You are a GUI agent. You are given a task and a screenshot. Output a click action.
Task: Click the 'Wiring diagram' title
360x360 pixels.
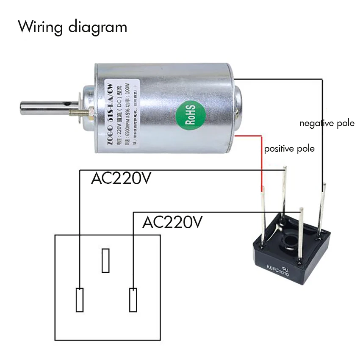[72, 27]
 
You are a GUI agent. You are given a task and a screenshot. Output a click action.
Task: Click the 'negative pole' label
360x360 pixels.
[327, 124]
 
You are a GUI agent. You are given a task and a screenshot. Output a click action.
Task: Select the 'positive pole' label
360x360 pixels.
[289, 149]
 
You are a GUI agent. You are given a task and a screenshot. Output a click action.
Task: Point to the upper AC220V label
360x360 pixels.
[121, 179]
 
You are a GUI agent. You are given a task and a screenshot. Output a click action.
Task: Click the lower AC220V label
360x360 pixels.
[173, 222]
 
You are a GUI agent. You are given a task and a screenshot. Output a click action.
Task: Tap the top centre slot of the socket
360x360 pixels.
[106, 260]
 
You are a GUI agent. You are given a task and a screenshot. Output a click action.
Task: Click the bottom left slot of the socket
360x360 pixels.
[80, 300]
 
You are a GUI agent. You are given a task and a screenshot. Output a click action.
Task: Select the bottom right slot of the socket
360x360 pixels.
[133, 300]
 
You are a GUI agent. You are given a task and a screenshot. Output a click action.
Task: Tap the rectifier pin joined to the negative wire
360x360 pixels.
[323, 208]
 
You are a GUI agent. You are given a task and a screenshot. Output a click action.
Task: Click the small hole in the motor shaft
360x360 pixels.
[66, 103]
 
